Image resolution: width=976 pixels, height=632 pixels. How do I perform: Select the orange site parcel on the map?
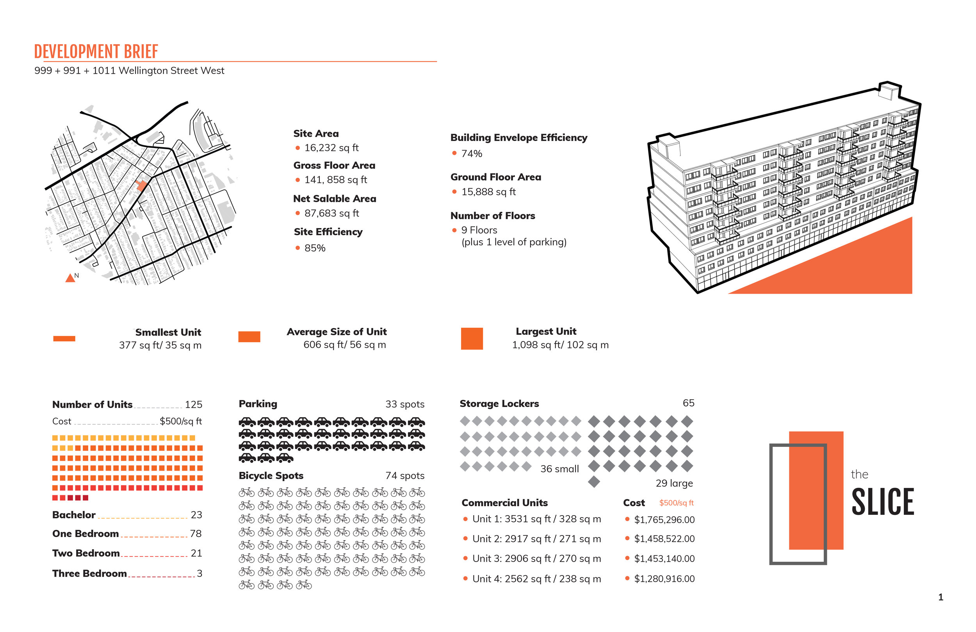141,186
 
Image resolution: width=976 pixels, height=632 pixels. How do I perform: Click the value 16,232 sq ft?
331,148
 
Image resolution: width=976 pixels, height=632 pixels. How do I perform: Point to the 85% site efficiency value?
315,248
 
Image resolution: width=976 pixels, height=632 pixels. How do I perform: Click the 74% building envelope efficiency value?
472,154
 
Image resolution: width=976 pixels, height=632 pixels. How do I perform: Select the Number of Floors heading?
493,216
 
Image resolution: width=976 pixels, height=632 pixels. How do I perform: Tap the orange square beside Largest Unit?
472,339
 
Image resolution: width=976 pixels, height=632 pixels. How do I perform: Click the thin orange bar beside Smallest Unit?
64,339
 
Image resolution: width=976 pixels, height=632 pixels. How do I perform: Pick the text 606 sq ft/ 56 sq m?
344,345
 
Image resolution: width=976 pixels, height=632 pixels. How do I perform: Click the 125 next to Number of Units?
193,405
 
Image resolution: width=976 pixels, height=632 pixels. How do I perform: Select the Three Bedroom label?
89,574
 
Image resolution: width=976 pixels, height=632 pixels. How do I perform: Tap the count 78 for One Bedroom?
196,534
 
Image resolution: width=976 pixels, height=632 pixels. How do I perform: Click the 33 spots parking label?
404,405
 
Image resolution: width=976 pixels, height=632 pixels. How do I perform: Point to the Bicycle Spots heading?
271,476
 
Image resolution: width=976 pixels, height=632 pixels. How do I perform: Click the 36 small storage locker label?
559,469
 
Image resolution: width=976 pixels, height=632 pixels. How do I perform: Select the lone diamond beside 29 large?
594,482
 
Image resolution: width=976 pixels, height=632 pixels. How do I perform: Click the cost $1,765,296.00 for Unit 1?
664,520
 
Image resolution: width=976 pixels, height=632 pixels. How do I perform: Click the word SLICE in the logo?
883,502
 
